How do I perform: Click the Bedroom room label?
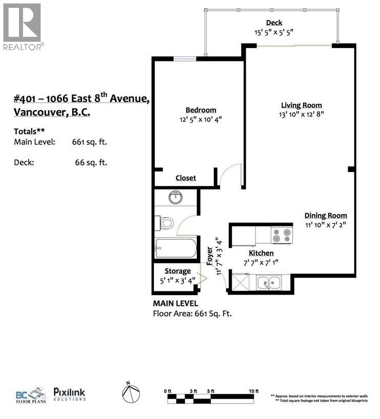coord(201,110)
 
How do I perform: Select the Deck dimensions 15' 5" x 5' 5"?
coord(273,31)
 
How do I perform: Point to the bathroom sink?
coord(176,197)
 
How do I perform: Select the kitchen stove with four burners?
coord(281,235)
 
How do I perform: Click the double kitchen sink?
coord(269,281)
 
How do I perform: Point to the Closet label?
coord(186,178)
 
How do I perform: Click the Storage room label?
coord(177,271)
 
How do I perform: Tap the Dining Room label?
coord(326,216)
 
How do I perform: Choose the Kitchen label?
coord(261,253)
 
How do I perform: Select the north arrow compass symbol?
coord(131,393)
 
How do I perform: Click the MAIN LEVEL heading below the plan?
coord(175,304)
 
